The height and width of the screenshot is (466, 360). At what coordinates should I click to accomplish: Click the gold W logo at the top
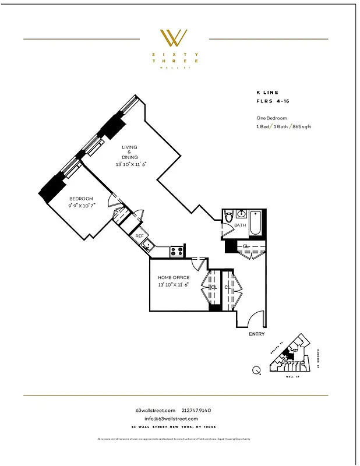[174, 38]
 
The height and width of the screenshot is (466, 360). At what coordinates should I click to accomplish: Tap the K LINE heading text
[267, 92]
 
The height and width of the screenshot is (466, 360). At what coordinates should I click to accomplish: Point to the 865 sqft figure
[301, 126]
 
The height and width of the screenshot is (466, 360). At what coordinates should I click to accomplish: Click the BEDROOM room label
[80, 199]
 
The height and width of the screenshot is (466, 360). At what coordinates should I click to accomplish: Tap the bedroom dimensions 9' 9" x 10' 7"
[80, 205]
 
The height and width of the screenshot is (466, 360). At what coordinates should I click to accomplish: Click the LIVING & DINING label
[130, 152]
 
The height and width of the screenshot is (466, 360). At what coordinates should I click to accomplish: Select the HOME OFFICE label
[174, 278]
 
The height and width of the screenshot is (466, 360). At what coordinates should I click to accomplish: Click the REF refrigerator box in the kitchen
[140, 236]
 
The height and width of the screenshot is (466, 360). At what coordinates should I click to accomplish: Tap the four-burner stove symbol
[177, 251]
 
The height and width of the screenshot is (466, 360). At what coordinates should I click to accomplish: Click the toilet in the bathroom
[228, 217]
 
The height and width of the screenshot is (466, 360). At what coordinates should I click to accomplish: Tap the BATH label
[240, 225]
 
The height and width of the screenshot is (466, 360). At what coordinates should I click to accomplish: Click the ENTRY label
[256, 334]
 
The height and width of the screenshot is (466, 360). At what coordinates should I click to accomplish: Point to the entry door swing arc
[255, 318]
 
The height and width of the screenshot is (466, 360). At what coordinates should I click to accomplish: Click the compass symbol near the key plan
[256, 369]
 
